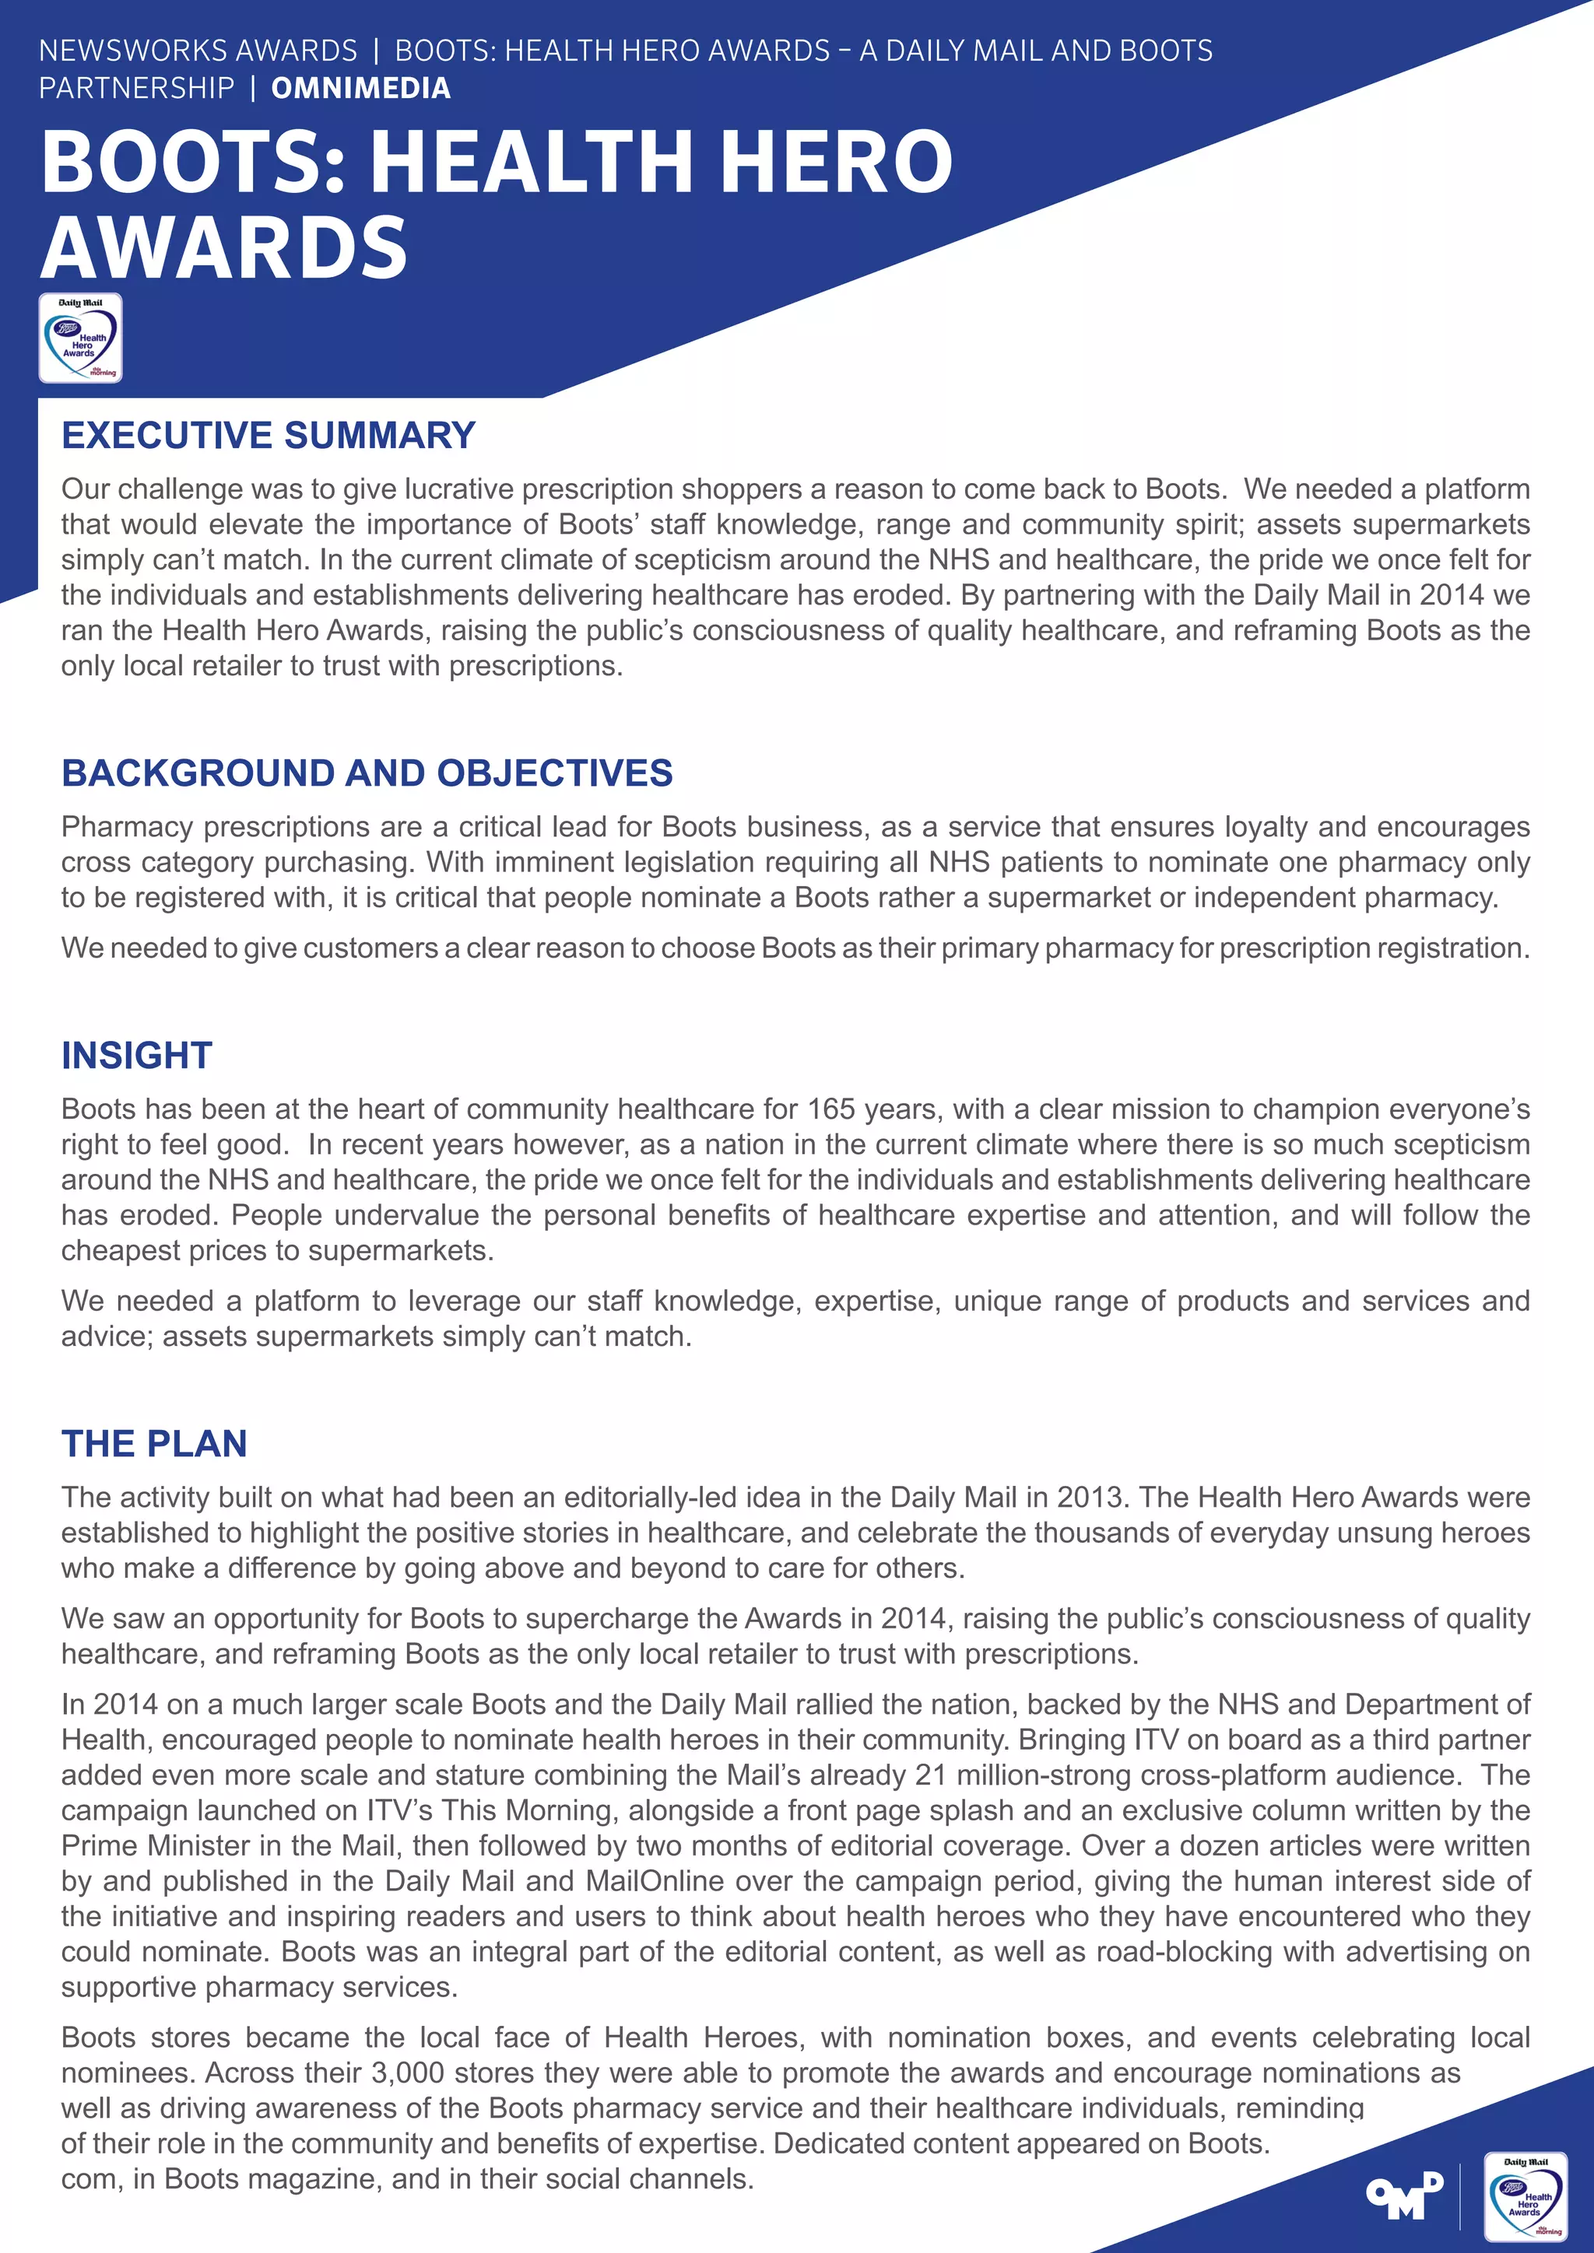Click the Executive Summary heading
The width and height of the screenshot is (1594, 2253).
point(268,435)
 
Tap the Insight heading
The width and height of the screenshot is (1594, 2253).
point(136,1055)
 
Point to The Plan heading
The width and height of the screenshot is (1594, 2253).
point(154,1443)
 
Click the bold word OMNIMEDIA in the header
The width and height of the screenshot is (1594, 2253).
point(360,89)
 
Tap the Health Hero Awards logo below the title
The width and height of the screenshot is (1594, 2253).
point(80,338)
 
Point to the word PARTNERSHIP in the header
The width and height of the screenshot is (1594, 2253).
point(136,89)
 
